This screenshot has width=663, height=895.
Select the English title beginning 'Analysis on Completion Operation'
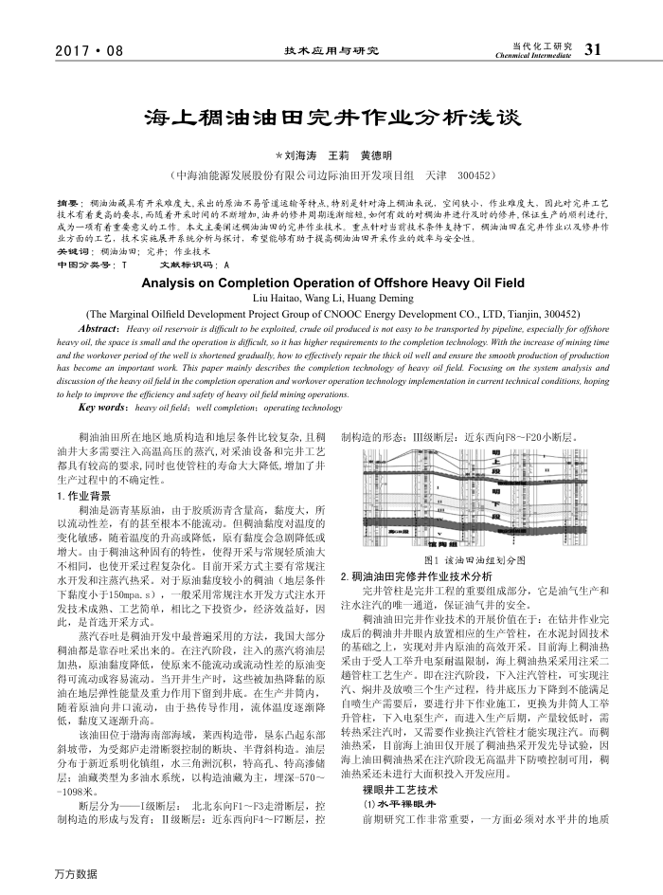(331, 283)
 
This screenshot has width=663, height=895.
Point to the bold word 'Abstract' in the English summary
(104, 327)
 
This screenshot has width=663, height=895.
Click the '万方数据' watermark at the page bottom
(76, 874)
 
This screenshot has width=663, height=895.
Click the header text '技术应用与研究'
(331, 50)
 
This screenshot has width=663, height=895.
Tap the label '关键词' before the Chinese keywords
(73, 251)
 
